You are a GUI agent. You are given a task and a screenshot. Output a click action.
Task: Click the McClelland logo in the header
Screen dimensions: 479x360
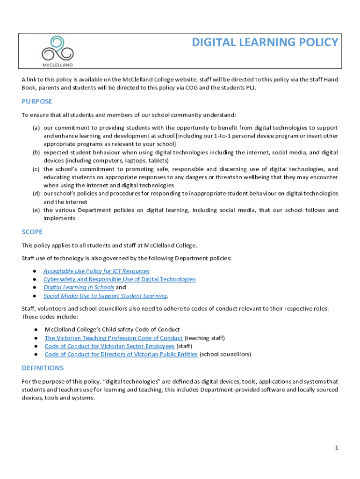pyautogui.click(x=58, y=51)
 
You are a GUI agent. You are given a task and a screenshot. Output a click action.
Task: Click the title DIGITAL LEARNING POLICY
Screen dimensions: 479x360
pyautogui.click(x=265, y=43)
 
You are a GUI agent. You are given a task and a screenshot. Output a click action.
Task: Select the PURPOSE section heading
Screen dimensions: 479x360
pyautogui.click(x=37, y=102)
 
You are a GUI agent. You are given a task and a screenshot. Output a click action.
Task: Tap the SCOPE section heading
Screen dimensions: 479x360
pyautogui.click(x=32, y=232)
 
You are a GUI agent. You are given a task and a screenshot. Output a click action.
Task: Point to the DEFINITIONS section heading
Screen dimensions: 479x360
pyautogui.click(x=43, y=368)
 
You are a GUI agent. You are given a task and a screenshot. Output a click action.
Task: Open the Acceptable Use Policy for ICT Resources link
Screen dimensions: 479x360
pyautogui.click(x=96, y=271)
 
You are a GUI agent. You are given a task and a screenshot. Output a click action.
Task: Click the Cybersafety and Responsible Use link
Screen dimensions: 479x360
pyautogui.click(x=119, y=279)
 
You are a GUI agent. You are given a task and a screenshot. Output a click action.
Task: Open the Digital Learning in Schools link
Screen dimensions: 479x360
pyautogui.click(x=79, y=288)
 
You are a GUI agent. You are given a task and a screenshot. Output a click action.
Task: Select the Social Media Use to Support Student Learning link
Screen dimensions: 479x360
pyautogui.click(x=105, y=296)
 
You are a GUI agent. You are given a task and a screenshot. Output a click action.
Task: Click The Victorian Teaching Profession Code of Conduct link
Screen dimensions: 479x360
pyautogui.click(x=114, y=338)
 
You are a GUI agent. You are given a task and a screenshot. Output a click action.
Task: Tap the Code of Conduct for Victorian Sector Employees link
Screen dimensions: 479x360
pyautogui.click(x=109, y=346)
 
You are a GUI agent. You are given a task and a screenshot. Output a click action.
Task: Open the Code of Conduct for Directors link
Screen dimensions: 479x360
pyautogui.click(x=121, y=355)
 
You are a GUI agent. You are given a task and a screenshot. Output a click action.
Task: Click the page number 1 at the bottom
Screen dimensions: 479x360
pyautogui.click(x=336, y=448)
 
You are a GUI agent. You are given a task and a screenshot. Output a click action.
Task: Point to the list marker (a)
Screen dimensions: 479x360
pyautogui.click(x=36, y=128)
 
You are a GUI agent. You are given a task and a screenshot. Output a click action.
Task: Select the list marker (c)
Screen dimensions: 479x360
pyautogui.click(x=36, y=169)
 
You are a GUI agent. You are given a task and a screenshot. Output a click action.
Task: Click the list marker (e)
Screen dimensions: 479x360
pyautogui.click(x=36, y=210)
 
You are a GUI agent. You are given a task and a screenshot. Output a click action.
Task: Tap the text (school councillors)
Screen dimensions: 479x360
pyautogui.click(x=225, y=355)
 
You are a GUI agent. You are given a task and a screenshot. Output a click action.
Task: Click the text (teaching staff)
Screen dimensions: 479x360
pyautogui.click(x=205, y=338)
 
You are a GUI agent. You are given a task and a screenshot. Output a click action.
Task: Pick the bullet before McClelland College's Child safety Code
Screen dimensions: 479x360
pyautogui.click(x=36, y=330)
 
